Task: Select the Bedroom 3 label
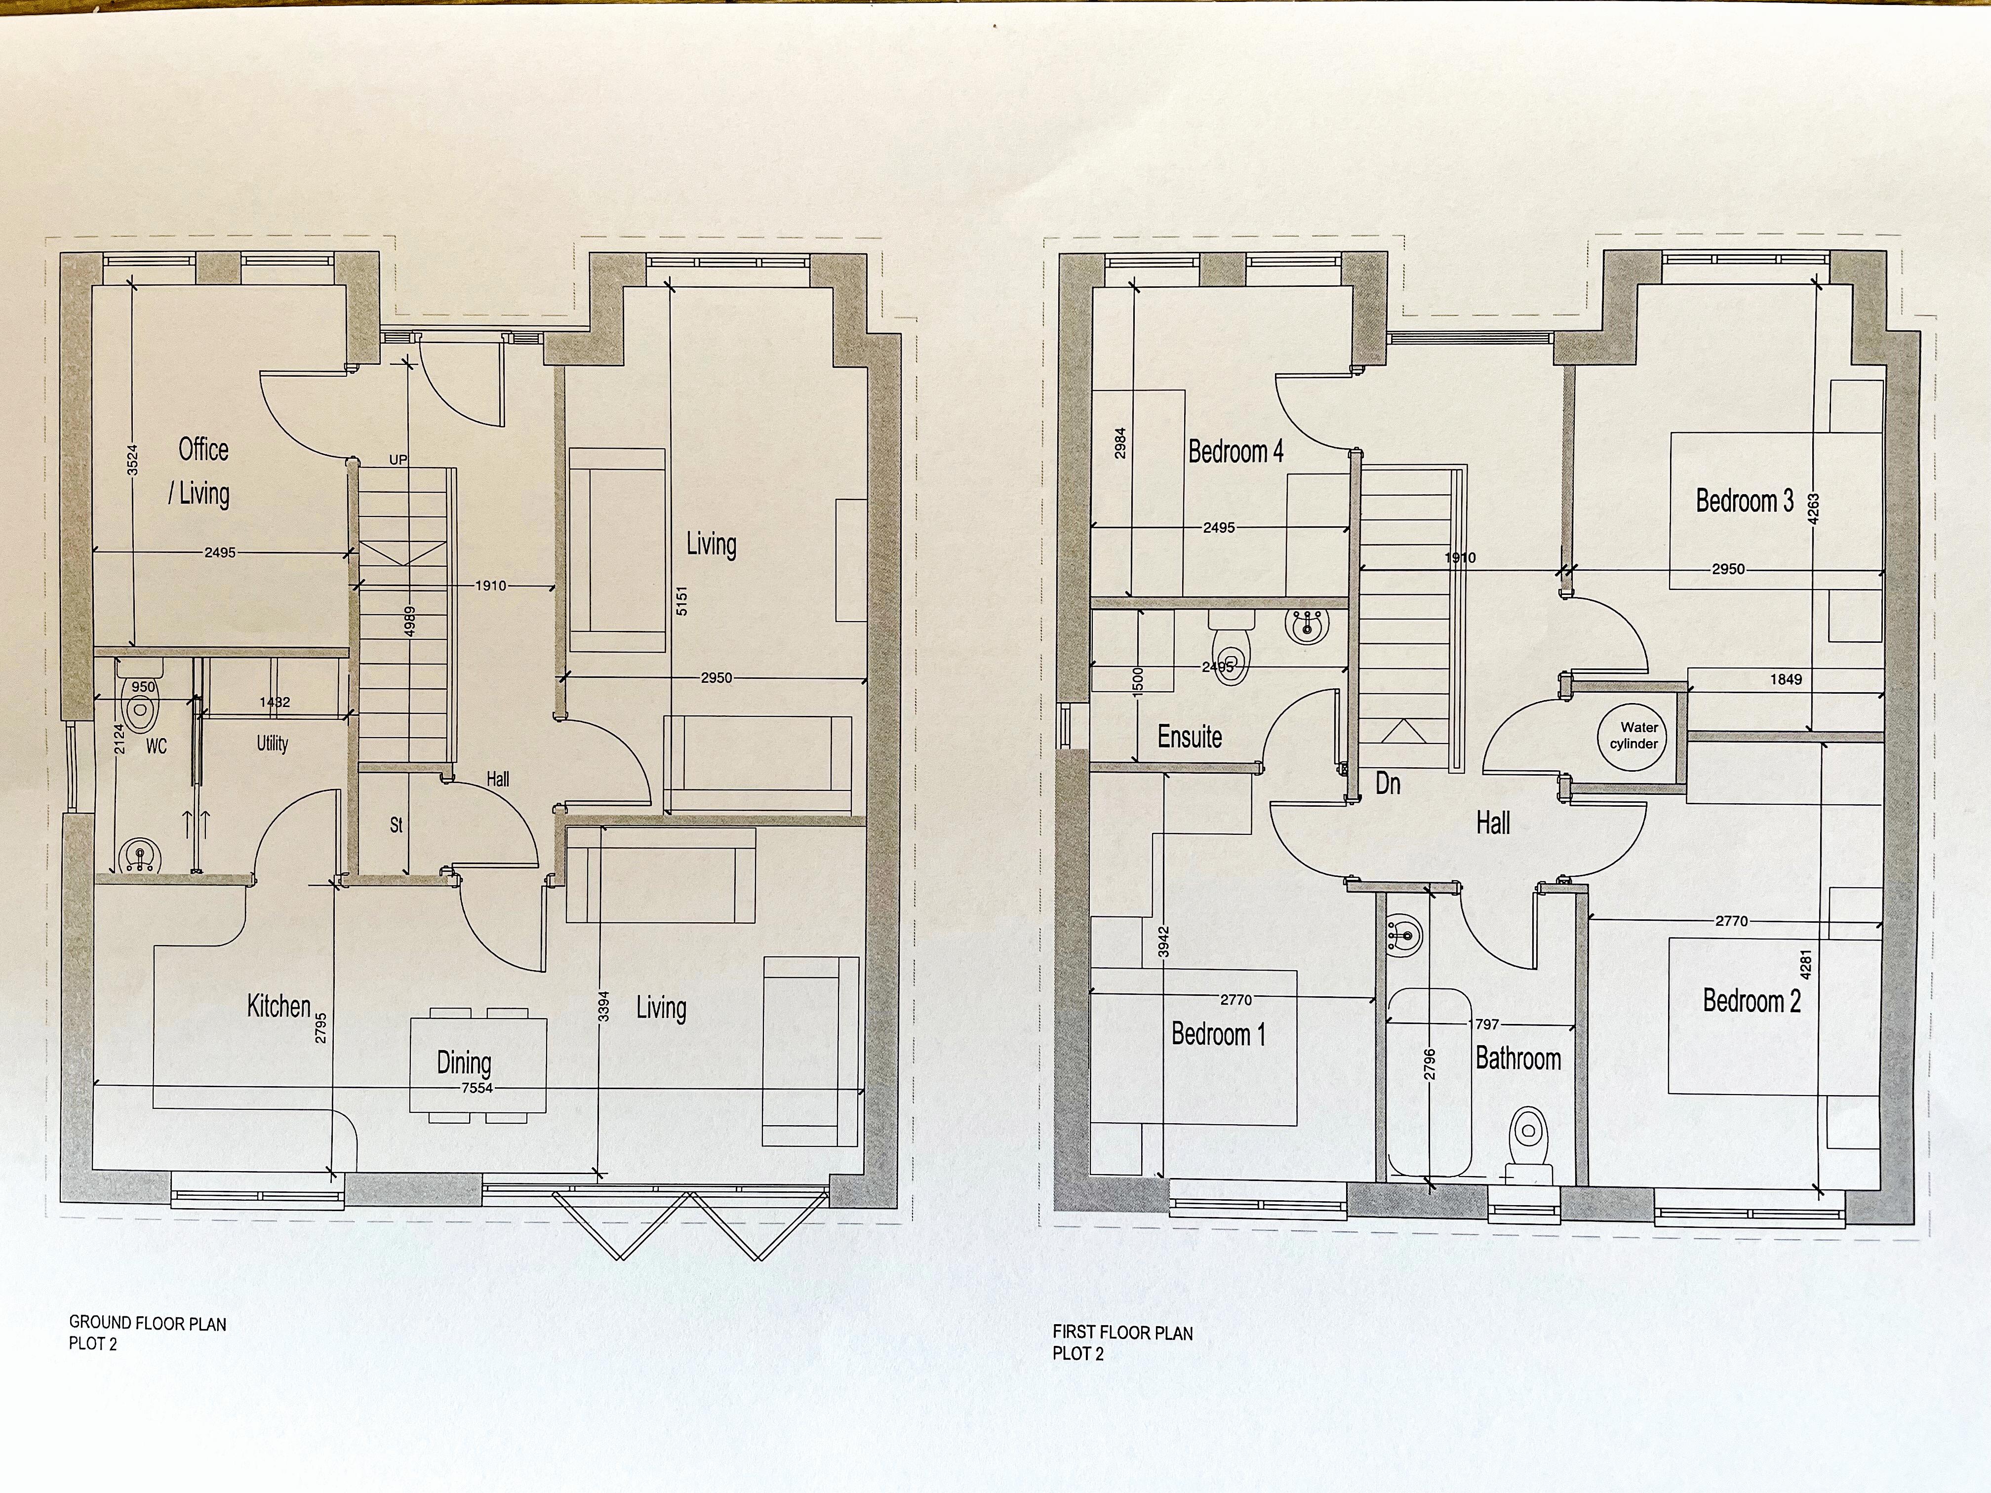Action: pos(1744,500)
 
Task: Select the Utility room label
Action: pos(272,744)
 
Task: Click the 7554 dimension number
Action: pos(477,1088)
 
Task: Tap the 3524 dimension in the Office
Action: pos(132,460)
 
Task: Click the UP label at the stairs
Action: pos(398,460)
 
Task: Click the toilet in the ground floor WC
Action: pos(140,709)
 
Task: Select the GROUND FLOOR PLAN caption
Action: pos(148,1324)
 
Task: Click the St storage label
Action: pos(396,825)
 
